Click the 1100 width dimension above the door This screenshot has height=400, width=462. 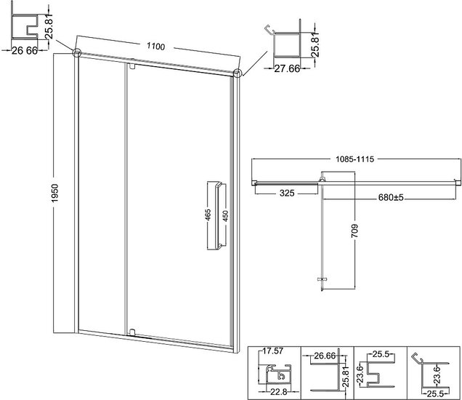click(156, 47)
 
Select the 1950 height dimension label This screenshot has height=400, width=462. click(55, 193)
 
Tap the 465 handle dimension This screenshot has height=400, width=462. click(208, 215)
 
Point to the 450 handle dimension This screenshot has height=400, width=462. click(225, 215)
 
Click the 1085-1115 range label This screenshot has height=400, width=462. click(354, 159)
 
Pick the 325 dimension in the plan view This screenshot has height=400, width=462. click(287, 193)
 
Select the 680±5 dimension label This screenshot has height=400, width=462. click(391, 197)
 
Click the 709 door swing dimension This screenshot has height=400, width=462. click(354, 231)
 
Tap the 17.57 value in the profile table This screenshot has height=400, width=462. click(273, 351)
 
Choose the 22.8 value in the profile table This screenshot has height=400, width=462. click(277, 391)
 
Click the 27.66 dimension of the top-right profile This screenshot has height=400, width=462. click(287, 69)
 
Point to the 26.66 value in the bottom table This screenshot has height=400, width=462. click(325, 356)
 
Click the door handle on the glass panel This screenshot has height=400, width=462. click(217, 215)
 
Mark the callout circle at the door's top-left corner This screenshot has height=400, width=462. click(76, 52)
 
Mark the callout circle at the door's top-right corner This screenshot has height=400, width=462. click(238, 73)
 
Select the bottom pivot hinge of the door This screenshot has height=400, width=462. click(132, 332)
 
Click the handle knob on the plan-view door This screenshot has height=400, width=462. click(323, 279)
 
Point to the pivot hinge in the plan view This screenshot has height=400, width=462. click(323, 180)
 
